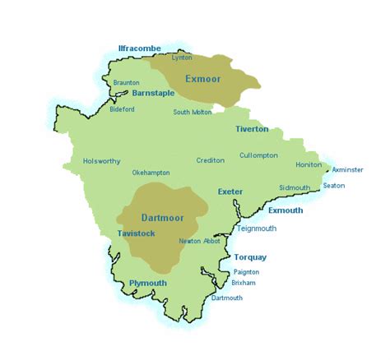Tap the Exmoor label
click(203, 79)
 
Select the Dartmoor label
click(161, 218)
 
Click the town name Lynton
click(181, 58)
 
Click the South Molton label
click(192, 113)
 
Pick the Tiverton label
click(252, 129)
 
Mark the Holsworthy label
click(101, 161)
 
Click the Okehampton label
click(151, 173)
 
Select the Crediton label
click(210, 160)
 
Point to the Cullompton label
click(258, 155)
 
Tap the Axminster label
click(347, 169)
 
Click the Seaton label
click(334, 186)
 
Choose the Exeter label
click(230, 192)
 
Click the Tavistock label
click(136, 233)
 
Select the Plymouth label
click(148, 283)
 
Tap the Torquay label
click(251, 257)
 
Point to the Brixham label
click(244, 282)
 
